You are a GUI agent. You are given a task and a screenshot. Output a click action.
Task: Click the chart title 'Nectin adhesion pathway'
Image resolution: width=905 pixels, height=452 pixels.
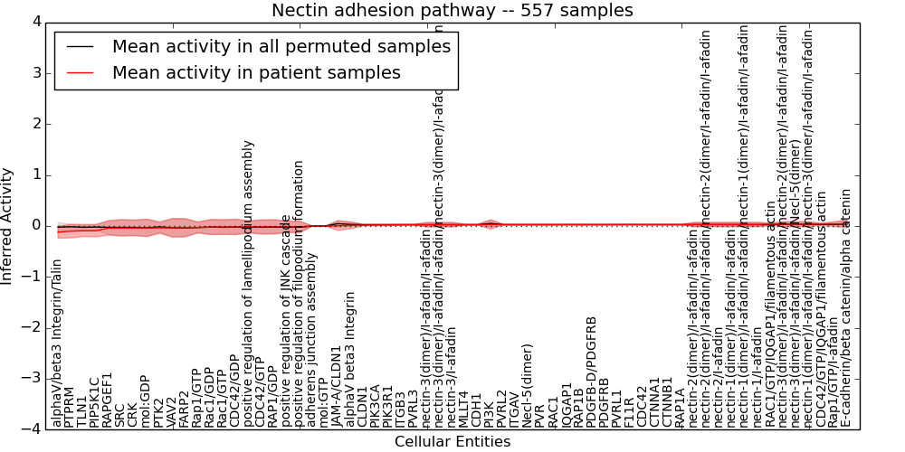tap(452, 11)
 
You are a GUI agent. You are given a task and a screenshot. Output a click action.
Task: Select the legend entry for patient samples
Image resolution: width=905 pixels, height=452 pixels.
tap(256, 73)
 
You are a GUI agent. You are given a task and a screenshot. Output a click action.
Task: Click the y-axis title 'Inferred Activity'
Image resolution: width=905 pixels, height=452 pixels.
tap(8, 226)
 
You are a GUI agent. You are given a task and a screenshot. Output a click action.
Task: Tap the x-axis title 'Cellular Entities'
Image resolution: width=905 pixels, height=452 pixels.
tap(452, 442)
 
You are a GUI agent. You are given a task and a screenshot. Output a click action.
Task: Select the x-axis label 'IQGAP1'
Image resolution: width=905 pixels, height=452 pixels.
tap(567, 405)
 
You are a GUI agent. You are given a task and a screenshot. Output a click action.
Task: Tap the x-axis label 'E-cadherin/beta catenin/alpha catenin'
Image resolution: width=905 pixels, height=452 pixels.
tap(846, 307)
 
